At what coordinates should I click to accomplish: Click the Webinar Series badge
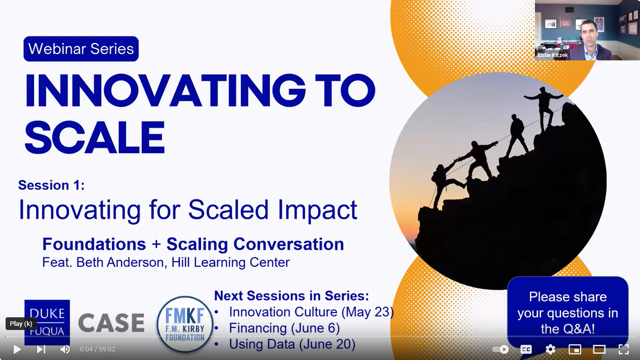81,49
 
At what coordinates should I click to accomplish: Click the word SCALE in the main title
95,137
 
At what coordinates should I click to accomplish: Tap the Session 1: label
51,185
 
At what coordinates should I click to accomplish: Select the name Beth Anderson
120,262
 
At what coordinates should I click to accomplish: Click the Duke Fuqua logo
47,322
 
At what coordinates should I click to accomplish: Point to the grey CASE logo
111,323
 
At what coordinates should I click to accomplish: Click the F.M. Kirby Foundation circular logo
185,324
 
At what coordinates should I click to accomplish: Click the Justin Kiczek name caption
552,55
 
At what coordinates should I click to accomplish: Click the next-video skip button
41,349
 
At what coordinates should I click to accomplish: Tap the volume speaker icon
65,349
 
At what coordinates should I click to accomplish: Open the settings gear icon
551,349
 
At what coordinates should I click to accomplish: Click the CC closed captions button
526,349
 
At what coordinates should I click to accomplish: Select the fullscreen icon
623,349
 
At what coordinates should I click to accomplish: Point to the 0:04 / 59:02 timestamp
98,349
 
